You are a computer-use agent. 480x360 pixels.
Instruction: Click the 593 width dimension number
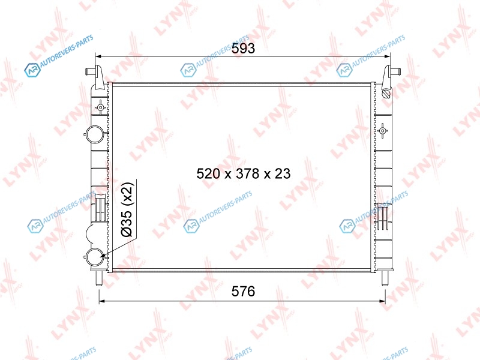[243, 49]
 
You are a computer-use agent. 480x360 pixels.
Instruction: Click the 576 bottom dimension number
[243, 291]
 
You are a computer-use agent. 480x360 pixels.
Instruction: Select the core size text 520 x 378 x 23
[244, 173]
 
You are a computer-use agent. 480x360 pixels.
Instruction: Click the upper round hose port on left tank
[95, 134]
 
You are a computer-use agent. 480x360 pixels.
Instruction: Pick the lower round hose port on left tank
[95, 257]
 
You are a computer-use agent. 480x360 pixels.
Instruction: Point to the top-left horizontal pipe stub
[91, 71]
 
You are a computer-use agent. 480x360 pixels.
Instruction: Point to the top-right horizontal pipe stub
[395, 71]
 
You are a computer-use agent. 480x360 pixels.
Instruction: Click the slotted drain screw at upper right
[386, 94]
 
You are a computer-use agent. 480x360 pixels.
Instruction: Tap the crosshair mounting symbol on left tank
[100, 107]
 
